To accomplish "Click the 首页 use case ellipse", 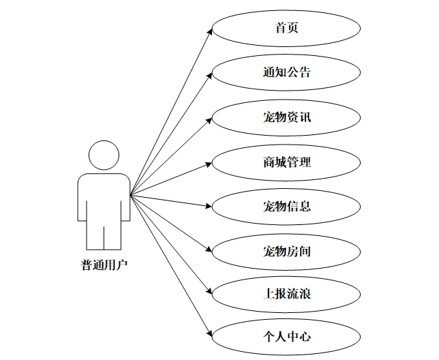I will pyautogui.click(x=286, y=29).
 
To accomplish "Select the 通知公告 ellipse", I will pyautogui.click(x=286, y=72).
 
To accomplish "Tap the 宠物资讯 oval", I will pyautogui.click(x=286, y=117).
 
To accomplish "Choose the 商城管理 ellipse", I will pyautogui.click(x=286, y=162).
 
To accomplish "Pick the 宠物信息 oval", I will pyautogui.click(x=286, y=205).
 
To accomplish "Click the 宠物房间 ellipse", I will pyautogui.click(x=286, y=251).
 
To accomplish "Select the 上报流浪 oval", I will pyautogui.click(x=286, y=294).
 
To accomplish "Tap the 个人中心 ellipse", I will pyautogui.click(x=286, y=336).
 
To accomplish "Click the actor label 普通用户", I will pyautogui.click(x=104, y=265).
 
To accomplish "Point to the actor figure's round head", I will pyautogui.click(x=104, y=155).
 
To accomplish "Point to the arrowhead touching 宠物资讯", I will pyautogui.click(x=209, y=119).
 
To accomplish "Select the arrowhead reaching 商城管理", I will pyautogui.click(x=209, y=164).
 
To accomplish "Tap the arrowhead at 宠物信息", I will pyautogui.click(x=209, y=206).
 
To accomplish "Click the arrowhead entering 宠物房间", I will pyautogui.click(x=209, y=250).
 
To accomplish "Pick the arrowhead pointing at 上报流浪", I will pyautogui.click(x=209, y=293).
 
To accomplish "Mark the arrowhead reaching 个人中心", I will pyautogui.click(x=209, y=335).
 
